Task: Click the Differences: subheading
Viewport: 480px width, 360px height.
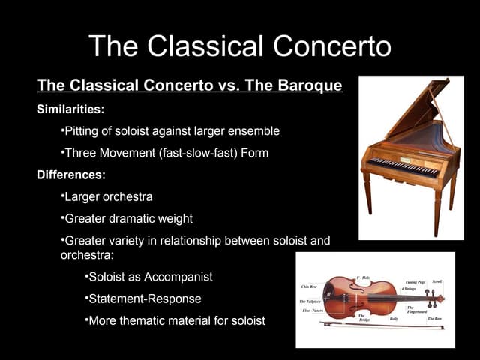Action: pyautogui.click(x=71, y=176)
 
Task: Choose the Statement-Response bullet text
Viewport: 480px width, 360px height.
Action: pyautogui.click(x=145, y=299)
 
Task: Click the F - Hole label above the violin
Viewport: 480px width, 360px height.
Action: pyautogui.click(x=363, y=277)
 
